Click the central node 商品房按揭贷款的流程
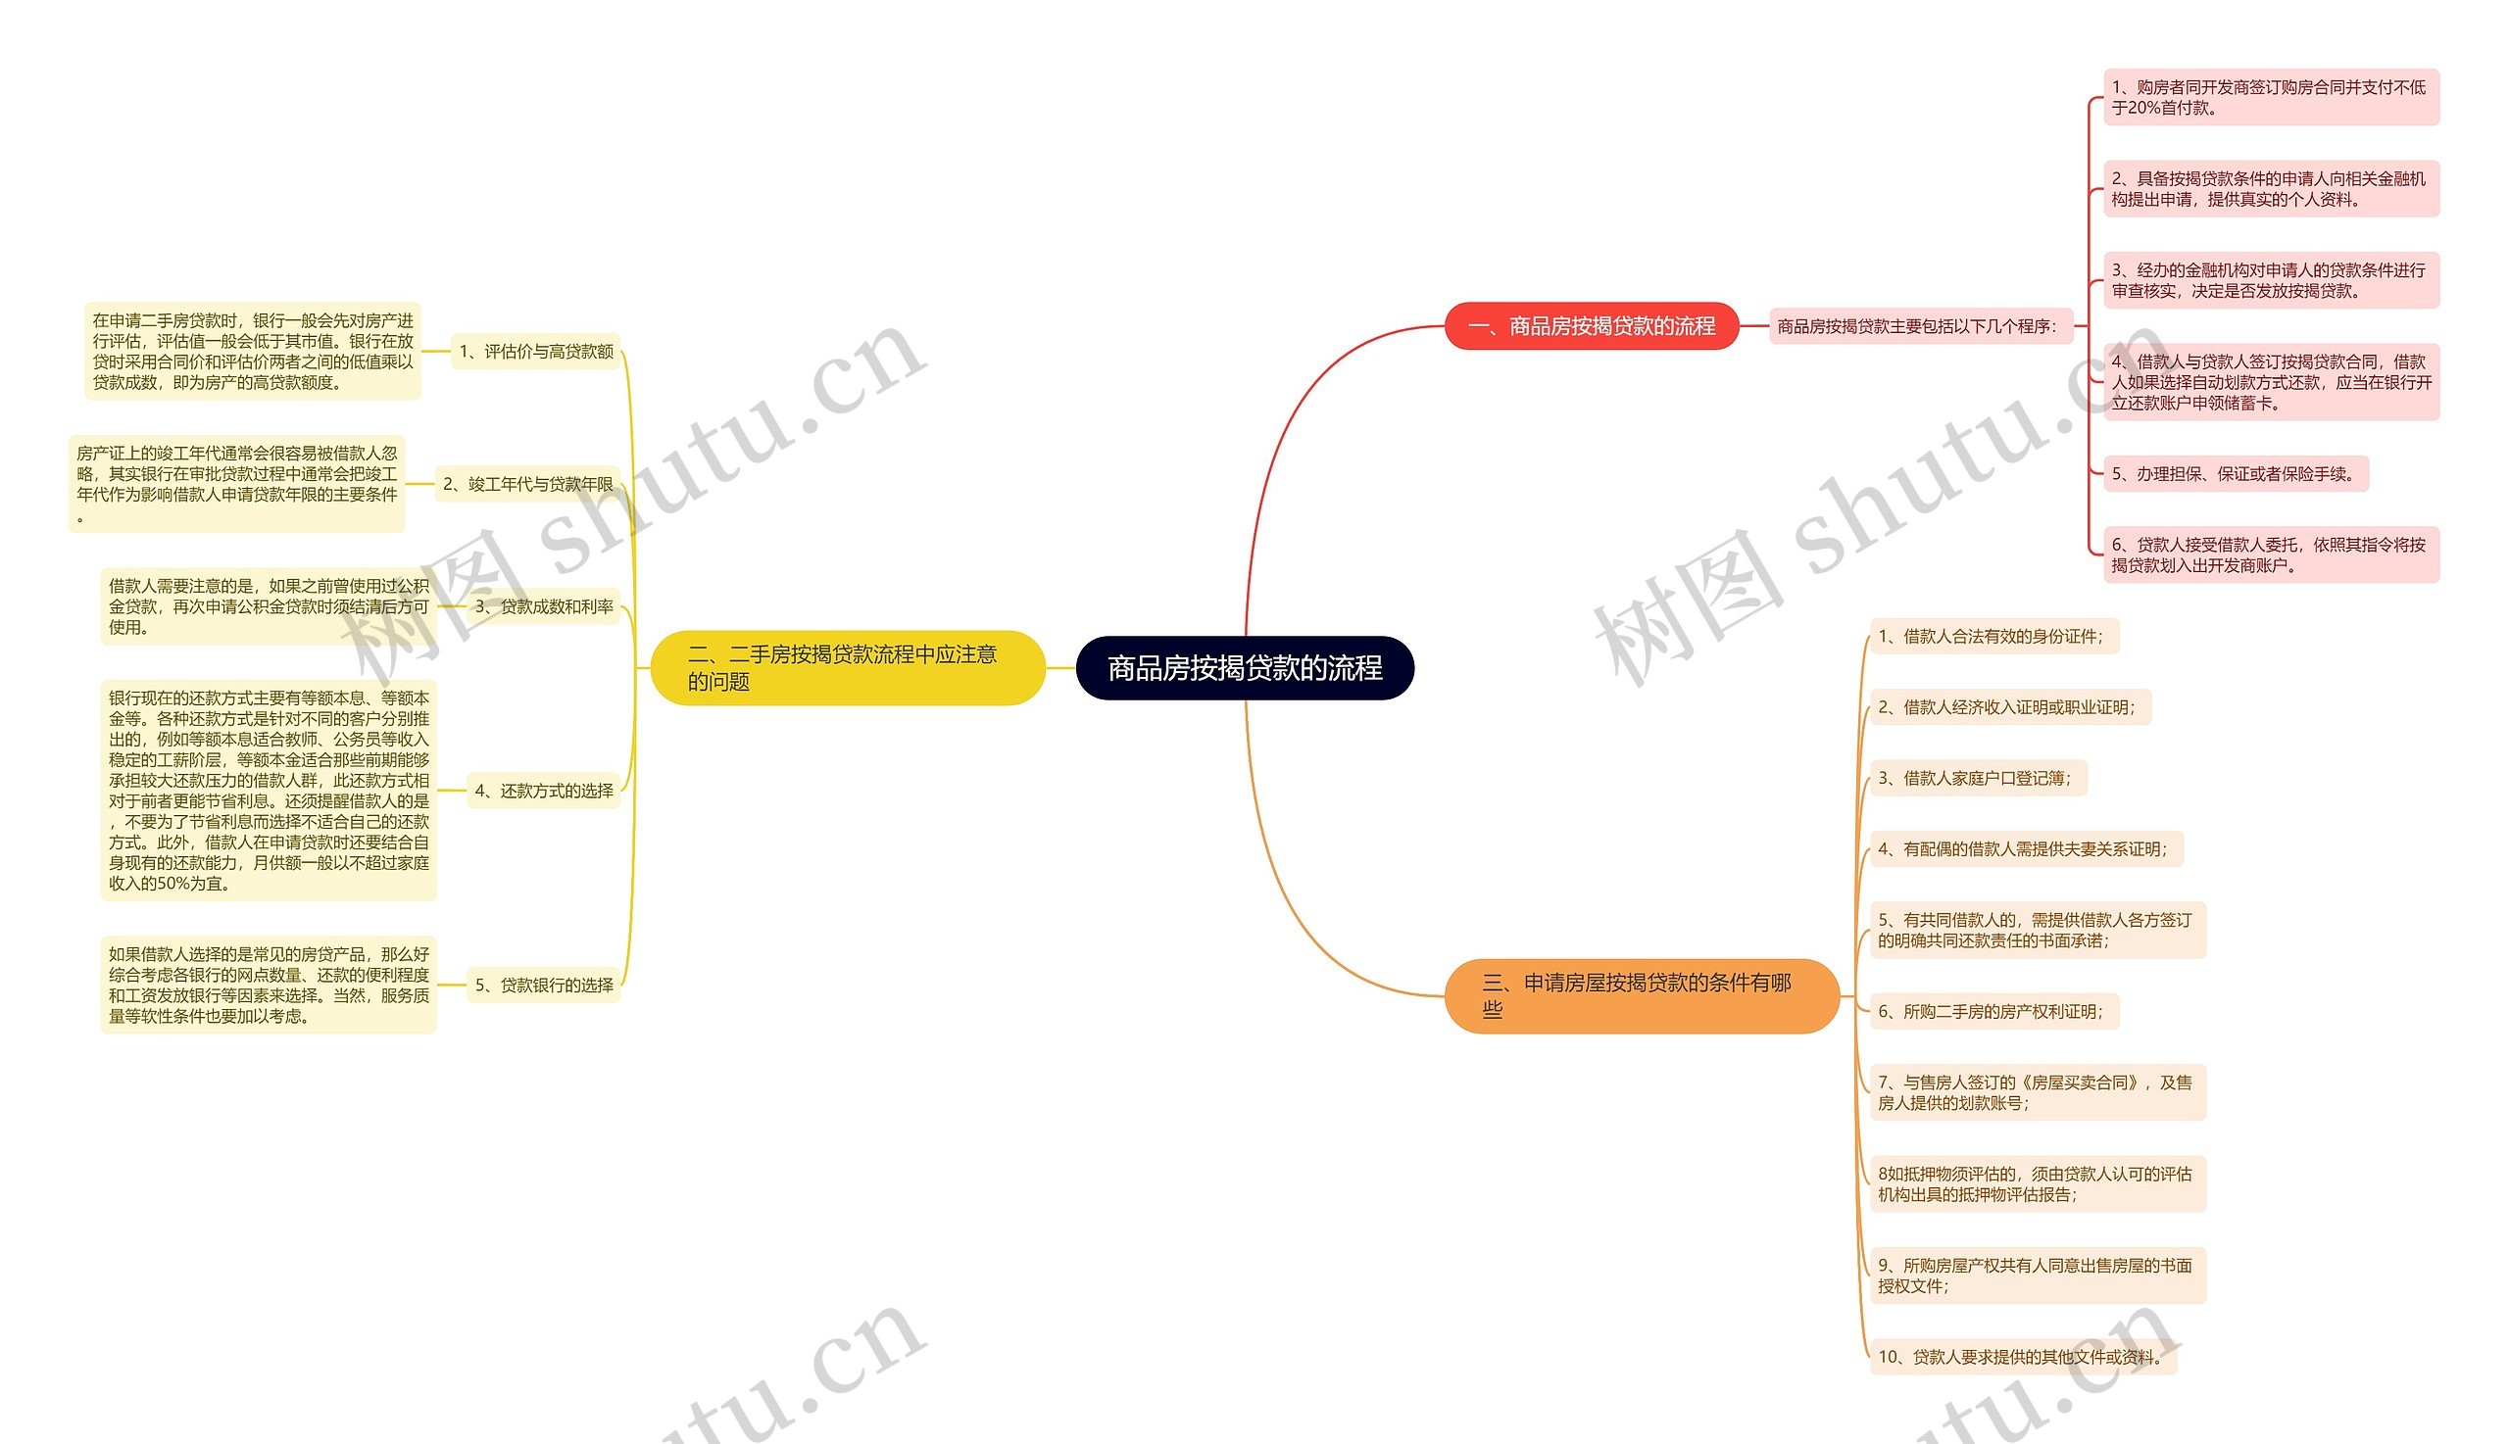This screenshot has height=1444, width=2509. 1244,668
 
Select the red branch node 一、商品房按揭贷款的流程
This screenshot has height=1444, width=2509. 1592,326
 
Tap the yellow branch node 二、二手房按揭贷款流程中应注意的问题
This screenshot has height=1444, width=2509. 846,667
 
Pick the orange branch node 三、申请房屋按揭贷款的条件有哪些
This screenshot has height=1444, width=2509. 1641,995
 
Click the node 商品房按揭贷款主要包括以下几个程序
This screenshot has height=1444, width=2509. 1920,326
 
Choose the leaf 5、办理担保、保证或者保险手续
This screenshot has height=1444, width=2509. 2235,474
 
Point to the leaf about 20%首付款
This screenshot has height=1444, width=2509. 2270,97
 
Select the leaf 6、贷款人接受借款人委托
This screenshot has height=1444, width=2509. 2270,554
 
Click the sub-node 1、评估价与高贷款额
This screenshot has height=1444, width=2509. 536,351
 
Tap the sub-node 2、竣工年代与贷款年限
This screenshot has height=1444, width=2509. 528,484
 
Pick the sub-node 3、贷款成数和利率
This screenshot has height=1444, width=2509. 544,606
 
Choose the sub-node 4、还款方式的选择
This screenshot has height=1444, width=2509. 544,791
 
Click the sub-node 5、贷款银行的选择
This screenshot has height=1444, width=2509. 544,985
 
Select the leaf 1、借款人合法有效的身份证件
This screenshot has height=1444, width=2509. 1993,637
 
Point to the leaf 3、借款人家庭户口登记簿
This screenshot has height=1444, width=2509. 1977,779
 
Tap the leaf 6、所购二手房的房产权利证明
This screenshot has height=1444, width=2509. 1993,1012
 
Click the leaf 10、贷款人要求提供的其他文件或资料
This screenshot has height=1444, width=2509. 2022,1357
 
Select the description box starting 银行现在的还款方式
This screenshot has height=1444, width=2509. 269,791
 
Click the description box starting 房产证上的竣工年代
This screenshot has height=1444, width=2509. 237,484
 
